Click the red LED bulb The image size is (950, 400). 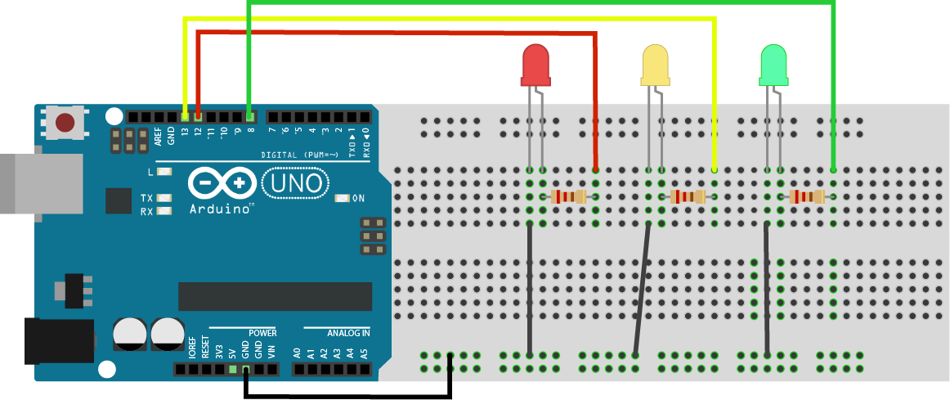[535, 66]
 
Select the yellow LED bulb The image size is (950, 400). [655, 66]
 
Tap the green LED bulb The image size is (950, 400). [773, 66]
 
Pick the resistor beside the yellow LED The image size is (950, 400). [688, 196]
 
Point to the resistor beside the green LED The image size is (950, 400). [807, 196]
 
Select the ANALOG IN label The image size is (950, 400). [348, 333]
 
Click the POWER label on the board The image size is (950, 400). [262, 333]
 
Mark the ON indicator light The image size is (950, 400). [343, 198]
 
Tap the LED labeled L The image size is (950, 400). [165, 172]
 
